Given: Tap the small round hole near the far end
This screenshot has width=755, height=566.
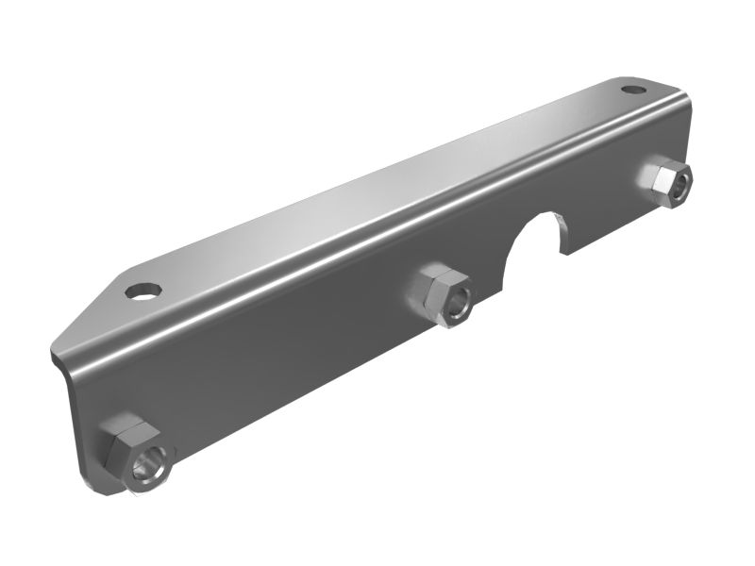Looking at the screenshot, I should (629, 90).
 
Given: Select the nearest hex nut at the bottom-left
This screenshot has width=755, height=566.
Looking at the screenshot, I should (133, 457).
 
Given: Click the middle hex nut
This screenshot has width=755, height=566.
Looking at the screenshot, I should (442, 295).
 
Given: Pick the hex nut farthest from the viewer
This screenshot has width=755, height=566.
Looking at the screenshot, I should (666, 182).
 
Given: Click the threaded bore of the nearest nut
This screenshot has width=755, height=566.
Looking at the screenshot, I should (151, 466).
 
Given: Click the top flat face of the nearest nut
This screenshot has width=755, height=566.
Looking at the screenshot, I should (124, 437).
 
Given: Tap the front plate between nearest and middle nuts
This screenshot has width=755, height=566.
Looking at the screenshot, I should (283, 368).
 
